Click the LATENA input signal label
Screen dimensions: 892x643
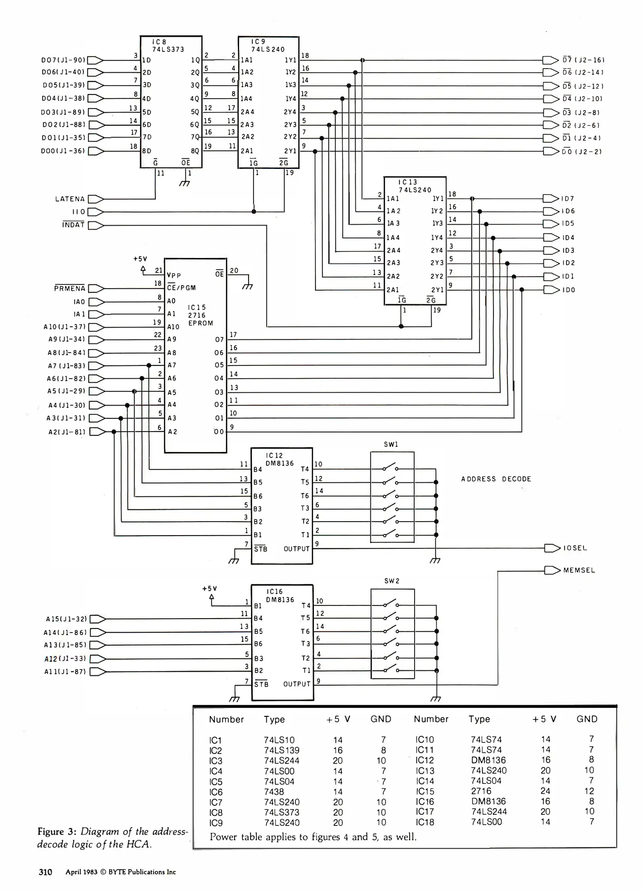(x=70, y=199)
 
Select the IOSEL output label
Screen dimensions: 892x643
(x=575, y=548)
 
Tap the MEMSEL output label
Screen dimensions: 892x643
(x=579, y=570)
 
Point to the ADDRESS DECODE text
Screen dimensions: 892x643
(x=496, y=479)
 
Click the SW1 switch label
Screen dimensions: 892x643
(x=391, y=444)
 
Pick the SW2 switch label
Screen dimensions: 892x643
(x=391, y=581)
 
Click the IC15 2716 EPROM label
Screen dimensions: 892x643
(x=200, y=315)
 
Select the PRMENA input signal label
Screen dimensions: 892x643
(x=69, y=288)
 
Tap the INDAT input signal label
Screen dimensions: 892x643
(x=73, y=225)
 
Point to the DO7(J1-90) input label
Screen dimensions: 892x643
(x=63, y=60)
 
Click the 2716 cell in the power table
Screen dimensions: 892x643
(x=481, y=791)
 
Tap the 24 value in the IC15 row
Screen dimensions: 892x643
(x=545, y=791)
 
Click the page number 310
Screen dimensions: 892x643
(x=45, y=872)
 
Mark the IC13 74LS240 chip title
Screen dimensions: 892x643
(x=415, y=186)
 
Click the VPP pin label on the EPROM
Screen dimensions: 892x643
(x=174, y=275)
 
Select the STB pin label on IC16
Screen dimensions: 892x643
(x=261, y=684)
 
